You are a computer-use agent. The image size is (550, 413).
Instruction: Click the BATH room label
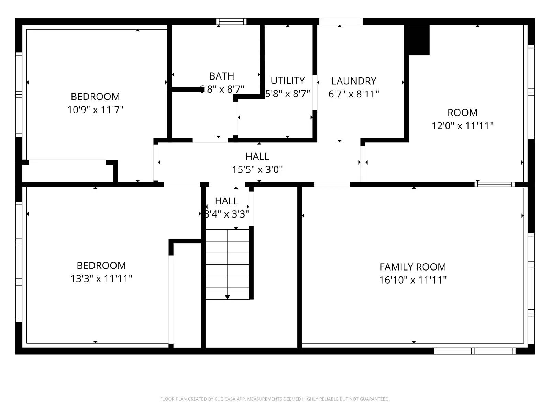point(222,76)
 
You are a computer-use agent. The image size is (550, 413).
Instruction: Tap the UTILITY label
point(288,81)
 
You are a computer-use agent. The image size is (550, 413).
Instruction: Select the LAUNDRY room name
point(354,81)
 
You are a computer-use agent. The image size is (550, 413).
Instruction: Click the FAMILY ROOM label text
point(412,267)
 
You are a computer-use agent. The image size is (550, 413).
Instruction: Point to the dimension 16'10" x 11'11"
point(412,280)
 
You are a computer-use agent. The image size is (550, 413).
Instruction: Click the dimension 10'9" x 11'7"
point(96,110)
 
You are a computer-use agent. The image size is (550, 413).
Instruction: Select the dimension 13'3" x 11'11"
point(101,278)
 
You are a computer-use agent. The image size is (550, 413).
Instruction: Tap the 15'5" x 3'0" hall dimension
point(257,170)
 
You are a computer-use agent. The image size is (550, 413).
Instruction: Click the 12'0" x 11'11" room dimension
point(462,126)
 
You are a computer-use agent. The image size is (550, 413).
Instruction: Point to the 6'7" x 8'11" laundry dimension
point(354,94)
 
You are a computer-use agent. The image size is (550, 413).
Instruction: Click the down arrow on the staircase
point(227,297)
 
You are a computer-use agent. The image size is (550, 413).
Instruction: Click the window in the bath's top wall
point(231,22)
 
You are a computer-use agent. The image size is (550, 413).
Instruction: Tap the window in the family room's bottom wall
point(474,351)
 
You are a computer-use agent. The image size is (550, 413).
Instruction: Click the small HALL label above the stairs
point(227,201)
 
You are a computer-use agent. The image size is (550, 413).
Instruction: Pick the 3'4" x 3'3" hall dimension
point(227,214)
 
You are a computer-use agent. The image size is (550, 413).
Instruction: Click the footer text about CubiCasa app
point(275,399)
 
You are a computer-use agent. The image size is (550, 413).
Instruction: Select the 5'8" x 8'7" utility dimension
point(288,94)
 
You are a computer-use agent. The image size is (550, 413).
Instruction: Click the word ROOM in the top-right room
point(462,113)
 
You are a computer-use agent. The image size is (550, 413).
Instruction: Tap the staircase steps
point(227,264)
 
